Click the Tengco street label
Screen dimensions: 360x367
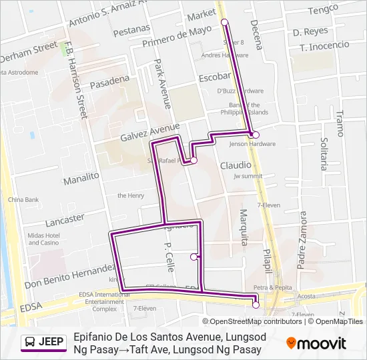[x=324, y=9]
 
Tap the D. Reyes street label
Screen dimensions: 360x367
[x=310, y=31]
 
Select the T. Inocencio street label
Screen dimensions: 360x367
[x=325, y=46]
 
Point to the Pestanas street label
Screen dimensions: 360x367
[x=131, y=31]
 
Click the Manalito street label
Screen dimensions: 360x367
[x=81, y=179]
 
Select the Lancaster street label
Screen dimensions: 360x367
[x=65, y=220]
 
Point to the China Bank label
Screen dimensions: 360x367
[x=23, y=199]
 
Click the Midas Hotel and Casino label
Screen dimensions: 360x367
[x=44, y=239]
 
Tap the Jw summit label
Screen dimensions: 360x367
[x=248, y=176]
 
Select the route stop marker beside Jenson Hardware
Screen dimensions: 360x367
[x=256, y=135]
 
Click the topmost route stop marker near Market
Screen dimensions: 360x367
[x=225, y=23]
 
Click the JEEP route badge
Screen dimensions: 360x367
[x=44, y=342]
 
